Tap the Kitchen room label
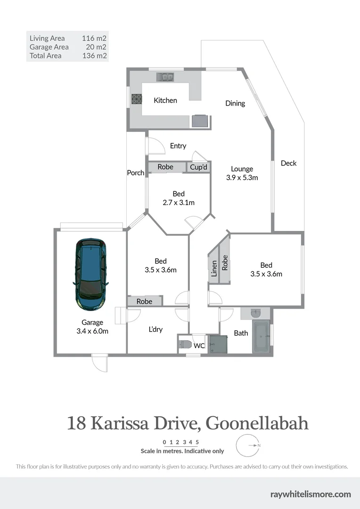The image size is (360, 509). pos(165,100)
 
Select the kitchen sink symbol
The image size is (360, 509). pos(165,76)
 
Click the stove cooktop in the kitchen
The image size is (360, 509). pos(137,99)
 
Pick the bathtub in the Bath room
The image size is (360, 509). pos(261,337)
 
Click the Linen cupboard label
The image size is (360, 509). pos(214,269)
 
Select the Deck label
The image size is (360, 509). pos(289,163)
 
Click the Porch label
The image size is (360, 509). pos(136,173)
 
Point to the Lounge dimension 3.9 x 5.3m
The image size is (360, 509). pos(242,178)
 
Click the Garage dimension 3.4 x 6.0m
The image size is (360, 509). pos(92,331)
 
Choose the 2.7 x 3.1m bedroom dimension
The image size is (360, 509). pos(179,203)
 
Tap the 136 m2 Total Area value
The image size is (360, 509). pos(97,56)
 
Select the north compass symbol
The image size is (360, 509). pos(248,445)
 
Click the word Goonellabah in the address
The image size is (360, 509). pos(258,423)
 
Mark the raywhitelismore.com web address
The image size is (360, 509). pos(311,494)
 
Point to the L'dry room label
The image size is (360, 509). pos(155,329)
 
